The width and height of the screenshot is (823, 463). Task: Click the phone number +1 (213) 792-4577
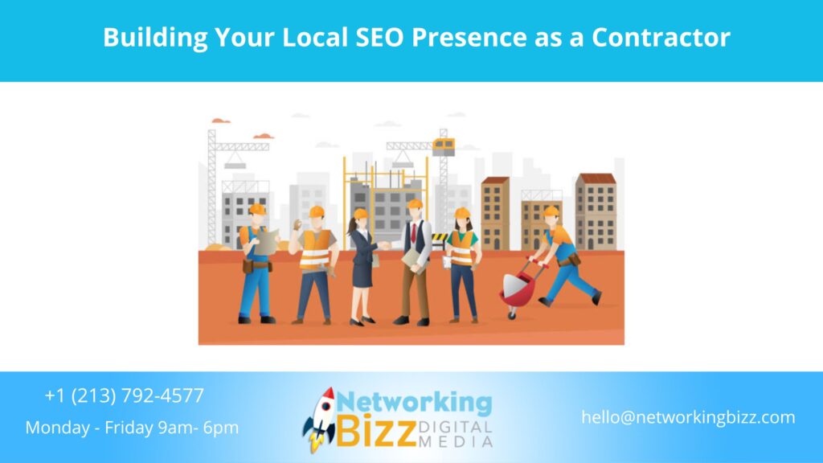pyautogui.click(x=125, y=395)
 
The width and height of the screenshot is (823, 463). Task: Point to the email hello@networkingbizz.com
pyautogui.click(x=688, y=417)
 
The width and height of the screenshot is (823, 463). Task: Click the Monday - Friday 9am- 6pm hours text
pyautogui.click(x=132, y=428)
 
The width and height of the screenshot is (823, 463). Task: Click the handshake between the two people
pyautogui.click(x=385, y=246)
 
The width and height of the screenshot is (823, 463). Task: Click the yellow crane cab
pyautogui.click(x=443, y=146)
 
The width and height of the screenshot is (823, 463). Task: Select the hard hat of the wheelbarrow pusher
pyautogui.click(x=551, y=212)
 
